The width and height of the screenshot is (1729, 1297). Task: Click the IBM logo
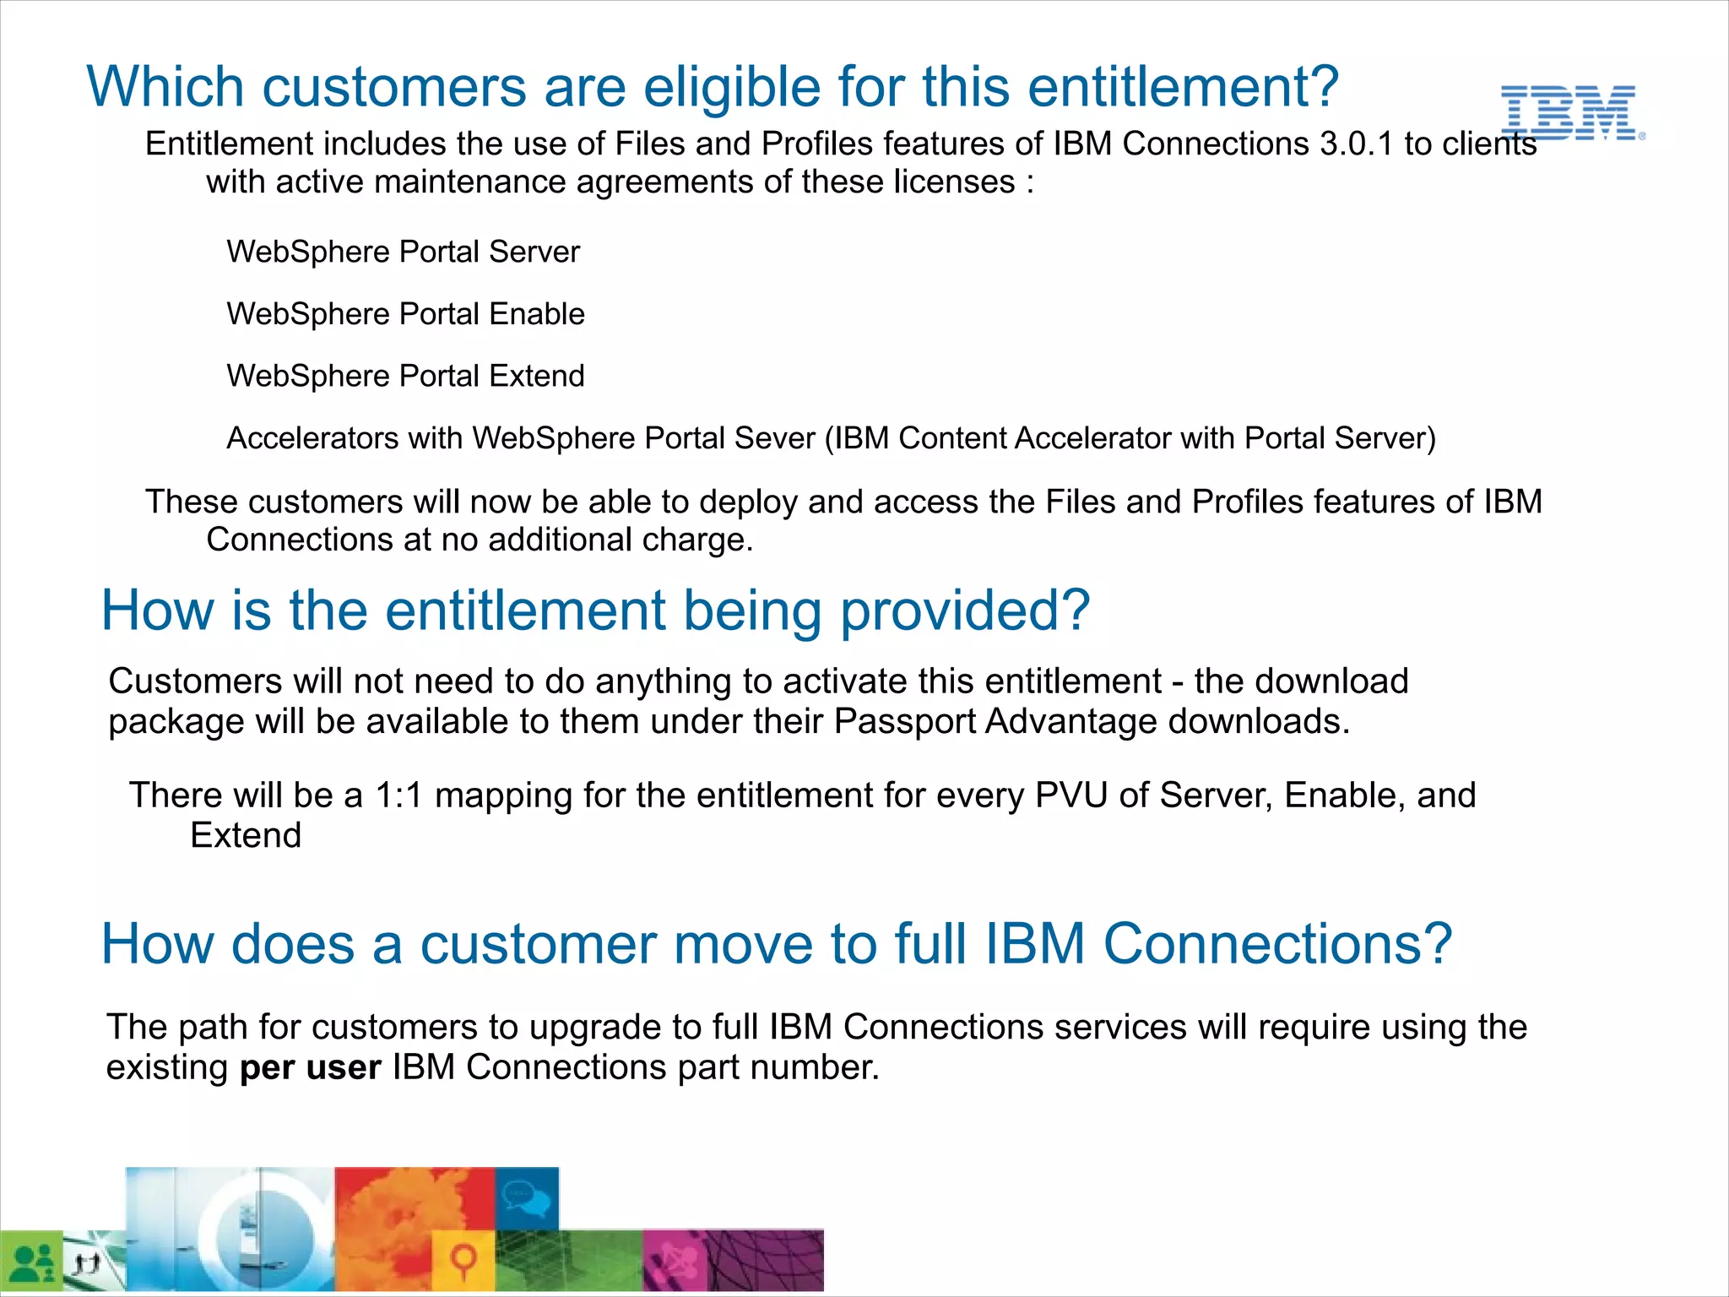pyautogui.click(x=1570, y=112)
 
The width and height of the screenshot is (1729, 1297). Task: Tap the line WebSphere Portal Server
pyautogui.click(x=403, y=252)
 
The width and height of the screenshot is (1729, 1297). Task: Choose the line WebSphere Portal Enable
pyautogui.click(x=405, y=314)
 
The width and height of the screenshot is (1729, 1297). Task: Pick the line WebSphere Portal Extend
pyautogui.click(x=405, y=376)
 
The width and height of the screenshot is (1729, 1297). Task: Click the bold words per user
pyautogui.click(x=310, y=1067)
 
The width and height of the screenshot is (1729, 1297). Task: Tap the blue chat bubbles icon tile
pyautogui.click(x=527, y=1198)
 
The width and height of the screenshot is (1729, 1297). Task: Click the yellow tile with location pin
pyautogui.click(x=463, y=1262)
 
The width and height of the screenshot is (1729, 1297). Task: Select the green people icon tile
pyautogui.click(x=32, y=1262)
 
